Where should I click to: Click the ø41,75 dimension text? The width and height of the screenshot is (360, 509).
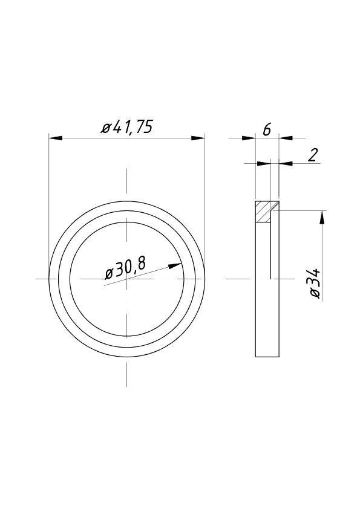127,128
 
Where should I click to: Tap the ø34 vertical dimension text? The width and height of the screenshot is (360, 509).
315,282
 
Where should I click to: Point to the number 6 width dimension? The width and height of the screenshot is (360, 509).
267,128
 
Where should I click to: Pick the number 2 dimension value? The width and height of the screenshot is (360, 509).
312,155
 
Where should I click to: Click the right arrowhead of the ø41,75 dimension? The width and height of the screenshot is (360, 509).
198,138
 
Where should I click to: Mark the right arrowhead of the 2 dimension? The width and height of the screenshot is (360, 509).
286,163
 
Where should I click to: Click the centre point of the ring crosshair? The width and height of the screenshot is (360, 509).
126,279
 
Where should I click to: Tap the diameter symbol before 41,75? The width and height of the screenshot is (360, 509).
106,129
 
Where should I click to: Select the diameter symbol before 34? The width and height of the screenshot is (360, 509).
315,293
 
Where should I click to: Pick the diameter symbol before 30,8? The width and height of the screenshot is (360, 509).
110,273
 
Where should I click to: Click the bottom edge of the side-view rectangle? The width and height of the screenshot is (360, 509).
267,357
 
